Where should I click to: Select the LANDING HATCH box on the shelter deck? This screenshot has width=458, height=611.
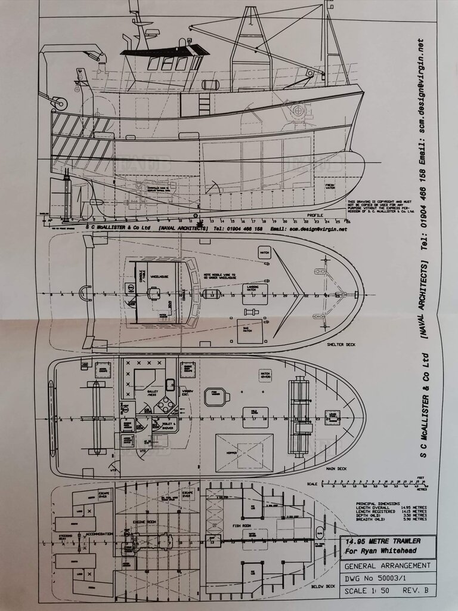255,291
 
